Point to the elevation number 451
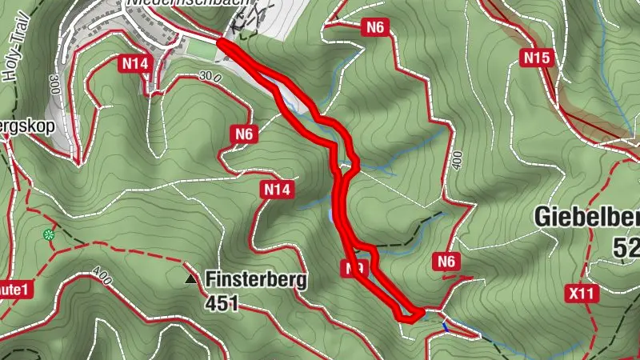222,303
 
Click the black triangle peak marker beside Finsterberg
190,280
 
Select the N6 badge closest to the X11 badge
446,261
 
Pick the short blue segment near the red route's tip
445,324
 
